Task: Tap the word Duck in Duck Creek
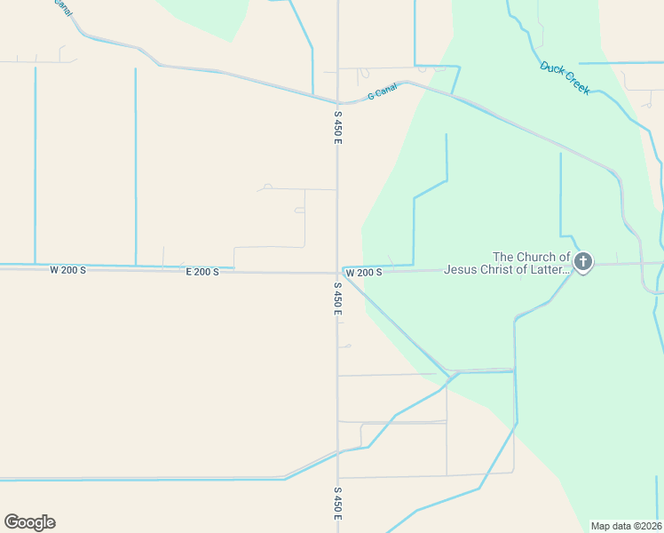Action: [553, 70]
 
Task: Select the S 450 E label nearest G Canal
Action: [337, 128]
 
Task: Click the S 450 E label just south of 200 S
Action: [337, 299]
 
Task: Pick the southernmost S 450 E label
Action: [337, 504]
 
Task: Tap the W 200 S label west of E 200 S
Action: [67, 269]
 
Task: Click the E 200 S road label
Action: [202, 272]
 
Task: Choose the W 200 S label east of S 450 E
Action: [364, 272]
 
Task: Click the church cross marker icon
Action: [583, 261]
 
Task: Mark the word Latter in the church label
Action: [551, 269]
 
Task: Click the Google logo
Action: [29, 521]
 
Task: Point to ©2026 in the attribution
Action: [647, 526]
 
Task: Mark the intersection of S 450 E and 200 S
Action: [337, 272]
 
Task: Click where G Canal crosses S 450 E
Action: [337, 101]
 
